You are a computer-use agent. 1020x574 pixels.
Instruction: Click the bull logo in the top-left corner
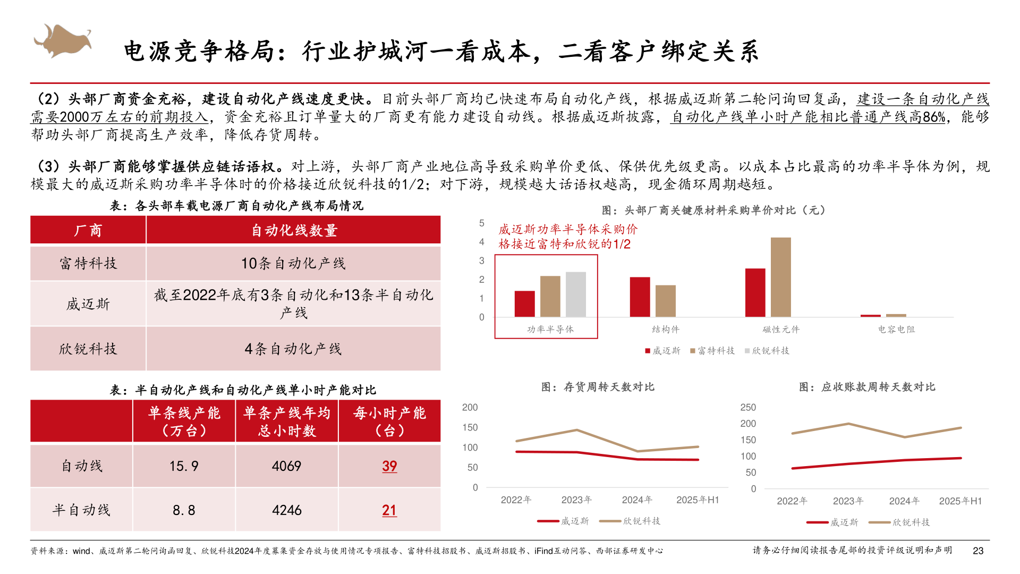pyautogui.click(x=63, y=40)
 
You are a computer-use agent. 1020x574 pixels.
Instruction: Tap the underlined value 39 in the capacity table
pyautogui.click(x=389, y=466)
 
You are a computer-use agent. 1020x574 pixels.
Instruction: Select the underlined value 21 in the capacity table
pyautogui.click(x=389, y=510)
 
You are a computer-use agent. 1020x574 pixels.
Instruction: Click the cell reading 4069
pyautogui.click(x=287, y=466)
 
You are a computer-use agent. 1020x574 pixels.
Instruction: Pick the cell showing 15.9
pyautogui.click(x=184, y=466)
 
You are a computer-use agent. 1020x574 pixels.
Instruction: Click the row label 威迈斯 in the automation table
pyautogui.click(x=88, y=304)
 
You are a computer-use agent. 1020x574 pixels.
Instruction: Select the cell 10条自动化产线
pyautogui.click(x=293, y=263)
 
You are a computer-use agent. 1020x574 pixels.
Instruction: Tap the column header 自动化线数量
pyautogui.click(x=294, y=230)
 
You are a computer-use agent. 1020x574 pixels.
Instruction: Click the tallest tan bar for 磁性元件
pyautogui.click(x=780, y=277)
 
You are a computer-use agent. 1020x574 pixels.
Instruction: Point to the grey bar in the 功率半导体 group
pyautogui.click(x=576, y=294)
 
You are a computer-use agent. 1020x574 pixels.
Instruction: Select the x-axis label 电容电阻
pyautogui.click(x=896, y=330)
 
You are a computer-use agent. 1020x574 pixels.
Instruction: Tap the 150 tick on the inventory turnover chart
pyautogui.click(x=470, y=427)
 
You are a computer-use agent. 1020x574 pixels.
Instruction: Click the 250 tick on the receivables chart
pyautogui.click(x=748, y=407)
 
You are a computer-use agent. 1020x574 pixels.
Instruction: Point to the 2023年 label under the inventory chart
pyautogui.click(x=576, y=500)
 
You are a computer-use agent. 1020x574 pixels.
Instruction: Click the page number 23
pyautogui.click(x=978, y=551)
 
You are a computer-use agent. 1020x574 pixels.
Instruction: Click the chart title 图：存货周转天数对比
pyautogui.click(x=598, y=387)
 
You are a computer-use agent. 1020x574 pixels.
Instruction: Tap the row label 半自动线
pyautogui.click(x=81, y=510)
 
